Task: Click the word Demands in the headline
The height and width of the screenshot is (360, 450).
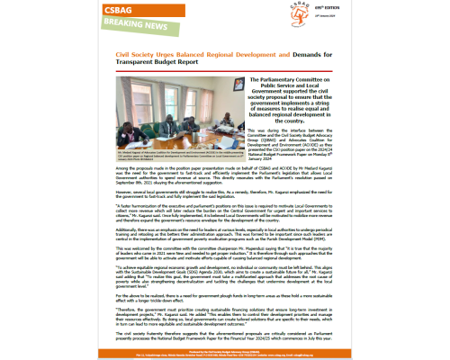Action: tap(298, 56)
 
